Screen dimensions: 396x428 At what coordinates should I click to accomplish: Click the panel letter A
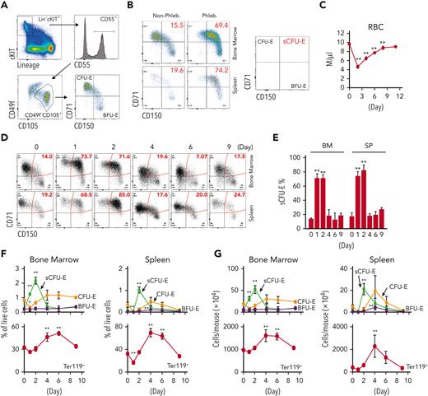point(6,7)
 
